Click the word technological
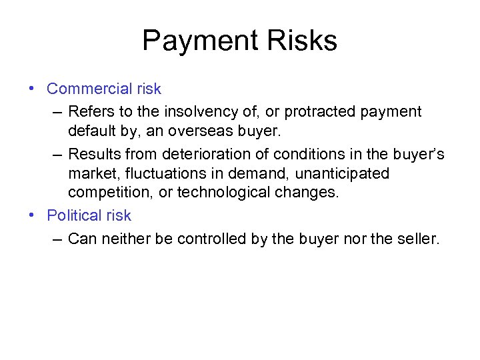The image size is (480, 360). click(x=226, y=193)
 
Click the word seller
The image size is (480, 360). click(x=418, y=238)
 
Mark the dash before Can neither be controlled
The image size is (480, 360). click(x=57, y=238)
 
